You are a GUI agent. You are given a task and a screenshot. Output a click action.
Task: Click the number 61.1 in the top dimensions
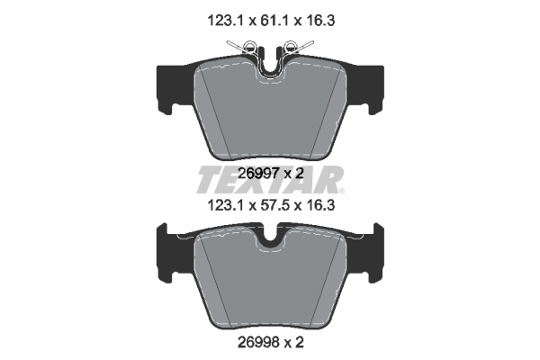(271, 21)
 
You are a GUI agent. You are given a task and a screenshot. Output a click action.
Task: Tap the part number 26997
(258, 174)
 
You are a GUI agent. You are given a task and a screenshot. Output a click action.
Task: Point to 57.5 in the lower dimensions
(271, 206)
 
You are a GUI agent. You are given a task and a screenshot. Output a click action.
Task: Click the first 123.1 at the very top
(225, 21)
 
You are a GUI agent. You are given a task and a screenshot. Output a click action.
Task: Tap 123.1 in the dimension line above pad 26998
(225, 206)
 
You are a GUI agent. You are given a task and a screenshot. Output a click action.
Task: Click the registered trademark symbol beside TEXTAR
(341, 191)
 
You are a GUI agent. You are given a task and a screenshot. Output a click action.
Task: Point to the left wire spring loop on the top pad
(248, 46)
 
